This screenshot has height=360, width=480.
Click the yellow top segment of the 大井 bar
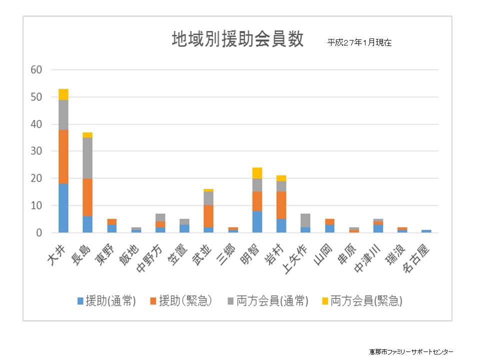[63, 94]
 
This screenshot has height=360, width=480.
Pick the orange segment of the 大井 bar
[63, 156]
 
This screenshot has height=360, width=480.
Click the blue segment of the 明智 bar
[257, 221]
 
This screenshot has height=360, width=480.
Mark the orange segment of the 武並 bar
[208, 216]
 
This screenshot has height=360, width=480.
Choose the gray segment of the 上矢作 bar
[305, 220]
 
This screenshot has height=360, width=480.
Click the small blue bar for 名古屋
[426, 231]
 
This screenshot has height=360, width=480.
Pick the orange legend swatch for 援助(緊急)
[153, 301]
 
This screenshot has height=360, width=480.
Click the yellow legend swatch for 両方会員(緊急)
[325, 301]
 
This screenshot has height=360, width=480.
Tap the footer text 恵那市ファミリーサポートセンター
[411, 351]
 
